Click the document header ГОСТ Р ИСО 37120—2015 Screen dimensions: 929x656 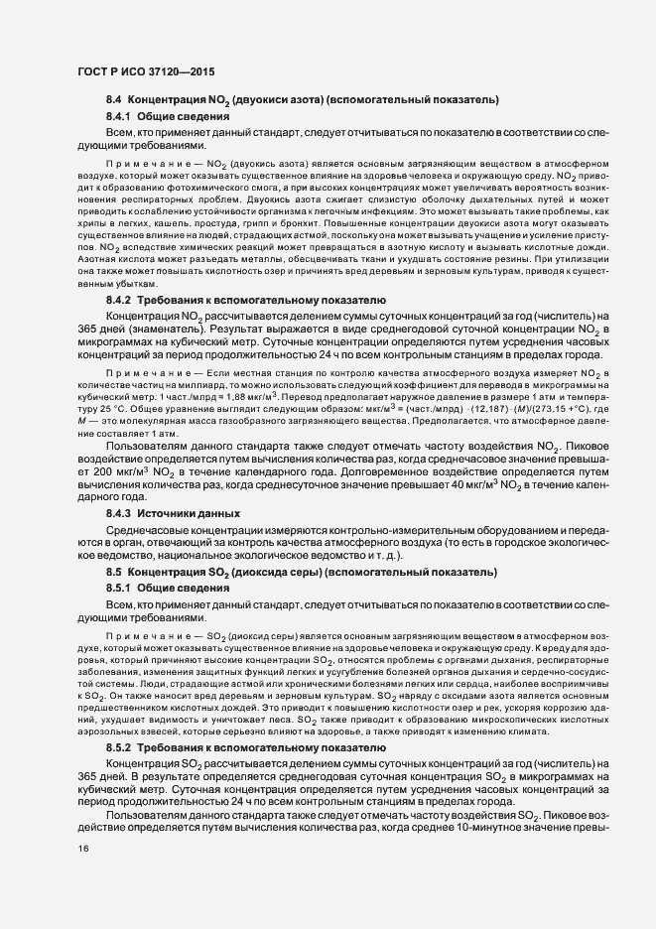tap(145, 72)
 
